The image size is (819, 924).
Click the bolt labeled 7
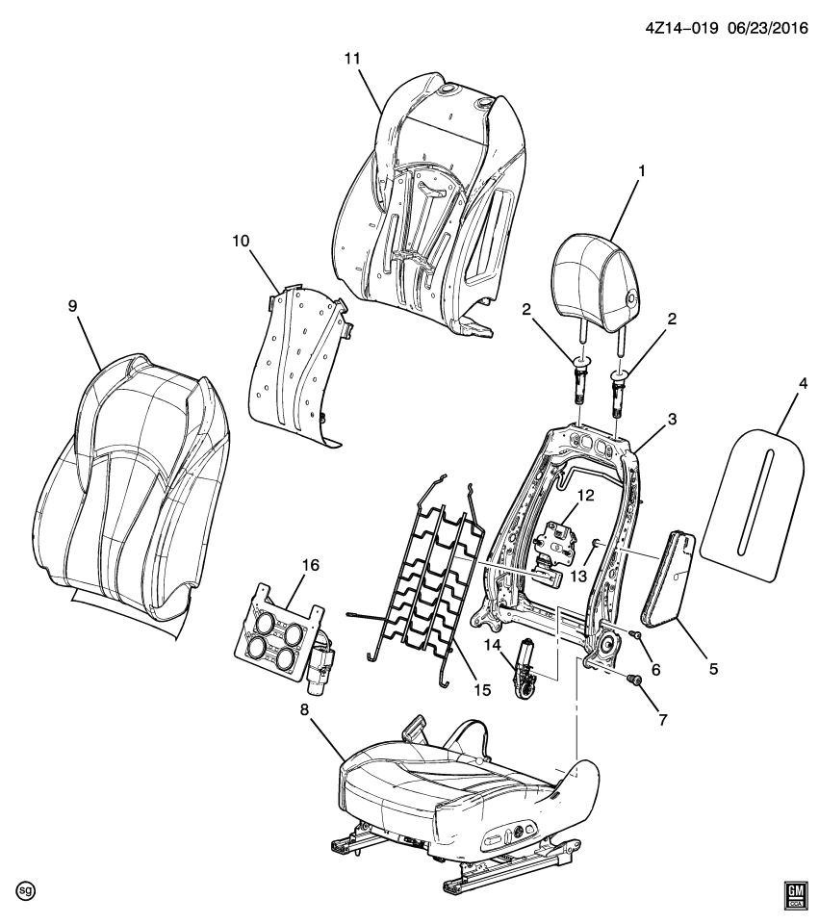click(x=634, y=680)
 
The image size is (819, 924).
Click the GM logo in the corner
click(x=795, y=895)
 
